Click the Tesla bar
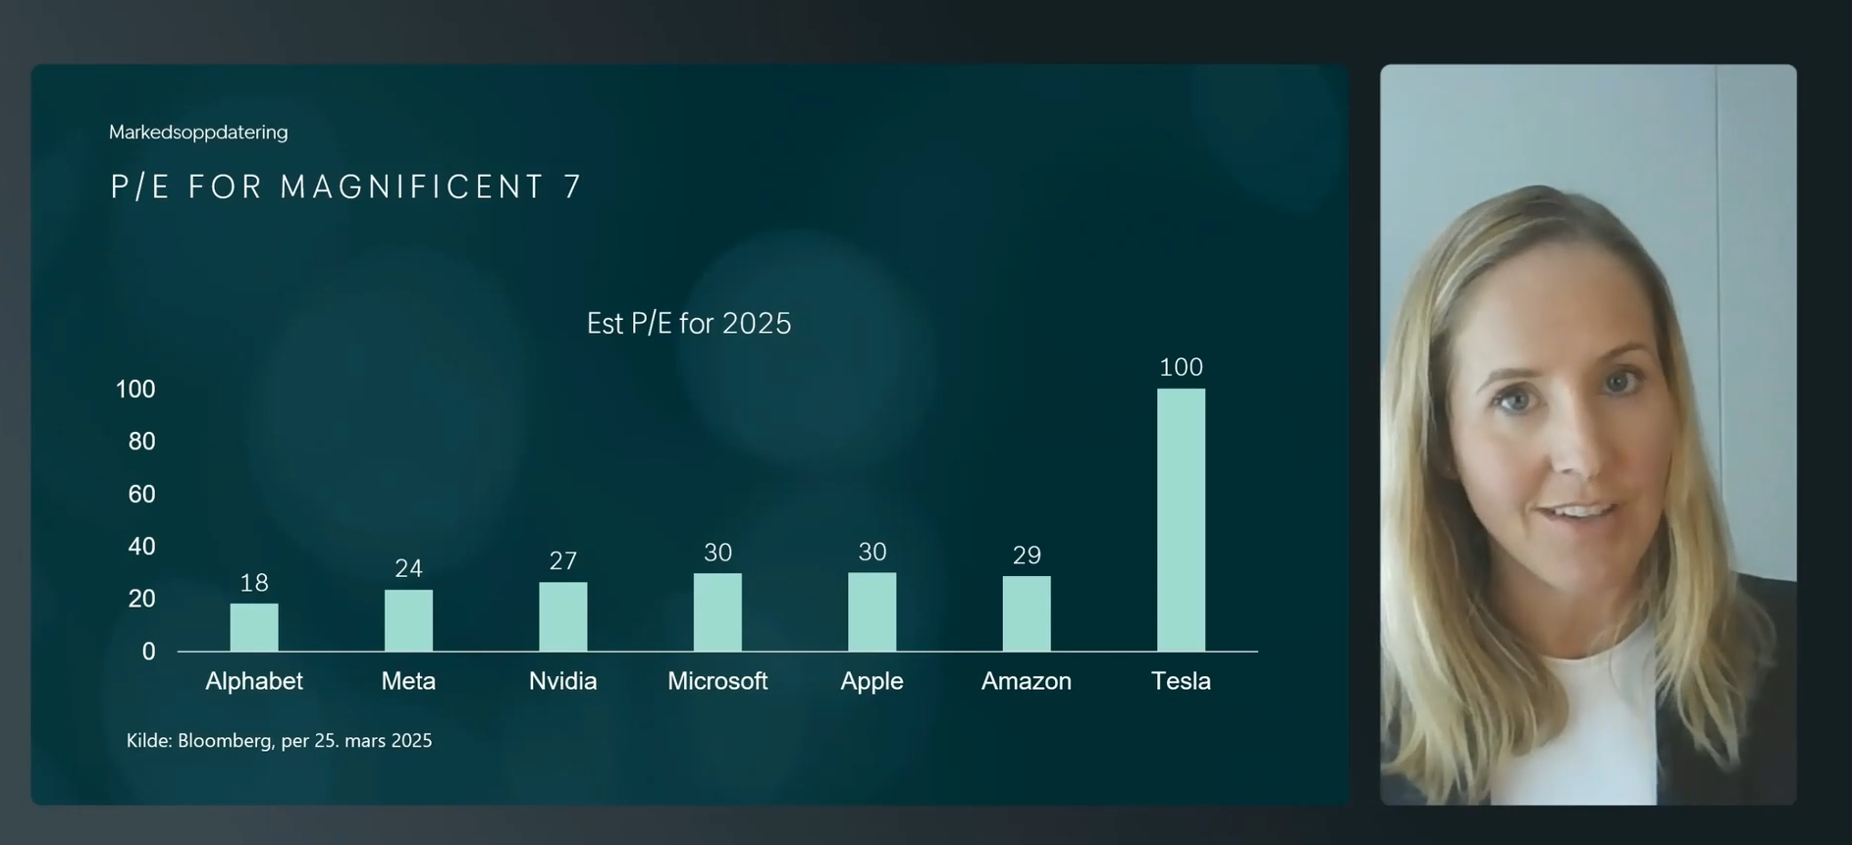pos(1181,519)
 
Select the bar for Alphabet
pos(254,627)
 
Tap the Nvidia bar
pos(563,616)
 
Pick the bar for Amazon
pos(1027,613)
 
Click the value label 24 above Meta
pos(408,568)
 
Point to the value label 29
pos(1027,555)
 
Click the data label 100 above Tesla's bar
pos(1181,367)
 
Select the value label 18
pos(254,583)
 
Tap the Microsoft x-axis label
pos(717,681)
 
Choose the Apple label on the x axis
pos(872,681)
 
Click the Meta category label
pos(408,681)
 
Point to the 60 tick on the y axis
pos(142,494)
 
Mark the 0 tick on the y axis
pos(148,652)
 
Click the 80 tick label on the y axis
pos(142,442)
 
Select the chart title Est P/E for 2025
pos(689,323)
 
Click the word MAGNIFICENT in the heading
pos(412,186)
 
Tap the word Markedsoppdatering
pos(198,132)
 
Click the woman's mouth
pos(1577,512)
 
